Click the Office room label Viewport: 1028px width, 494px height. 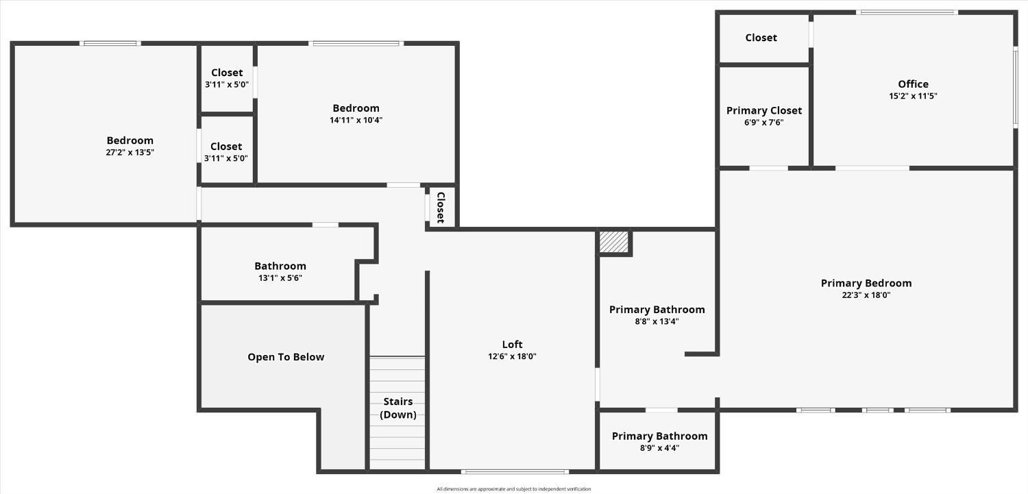(913, 84)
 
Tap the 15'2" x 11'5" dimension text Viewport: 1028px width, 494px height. (913, 96)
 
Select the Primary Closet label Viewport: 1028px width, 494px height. (764, 110)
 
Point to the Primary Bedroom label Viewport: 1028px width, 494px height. (866, 283)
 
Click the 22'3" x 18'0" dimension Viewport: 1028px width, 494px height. (866, 295)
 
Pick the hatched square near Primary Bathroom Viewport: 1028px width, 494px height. (614, 242)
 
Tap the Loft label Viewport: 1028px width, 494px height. (512, 345)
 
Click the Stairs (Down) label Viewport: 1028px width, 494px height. (398, 408)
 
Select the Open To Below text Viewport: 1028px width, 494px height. (286, 357)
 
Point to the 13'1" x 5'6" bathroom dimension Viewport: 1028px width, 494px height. (280, 278)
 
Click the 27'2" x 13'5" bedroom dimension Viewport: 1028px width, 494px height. (130, 152)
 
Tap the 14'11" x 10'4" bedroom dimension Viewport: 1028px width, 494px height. (356, 120)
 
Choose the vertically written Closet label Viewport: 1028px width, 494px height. (441, 208)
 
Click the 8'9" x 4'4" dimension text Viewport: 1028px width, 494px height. (659, 448)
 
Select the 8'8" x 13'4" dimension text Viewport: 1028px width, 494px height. (657, 321)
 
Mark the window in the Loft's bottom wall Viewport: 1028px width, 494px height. (515, 471)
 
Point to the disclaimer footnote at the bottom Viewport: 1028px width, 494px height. (513, 489)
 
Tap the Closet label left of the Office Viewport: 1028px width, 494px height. (761, 38)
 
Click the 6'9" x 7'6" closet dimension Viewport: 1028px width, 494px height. (763, 123)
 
